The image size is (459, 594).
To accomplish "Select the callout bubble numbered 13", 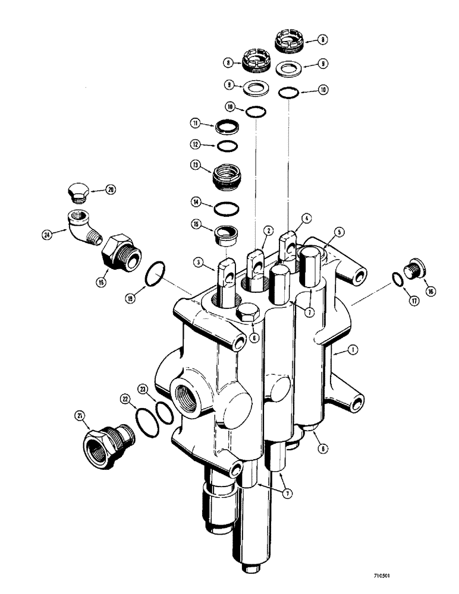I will (x=194, y=166).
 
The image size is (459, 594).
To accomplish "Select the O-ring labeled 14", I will (x=226, y=208).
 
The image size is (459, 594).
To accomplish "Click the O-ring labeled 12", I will (x=226, y=146).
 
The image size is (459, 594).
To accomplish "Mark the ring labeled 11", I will (x=226, y=127).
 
